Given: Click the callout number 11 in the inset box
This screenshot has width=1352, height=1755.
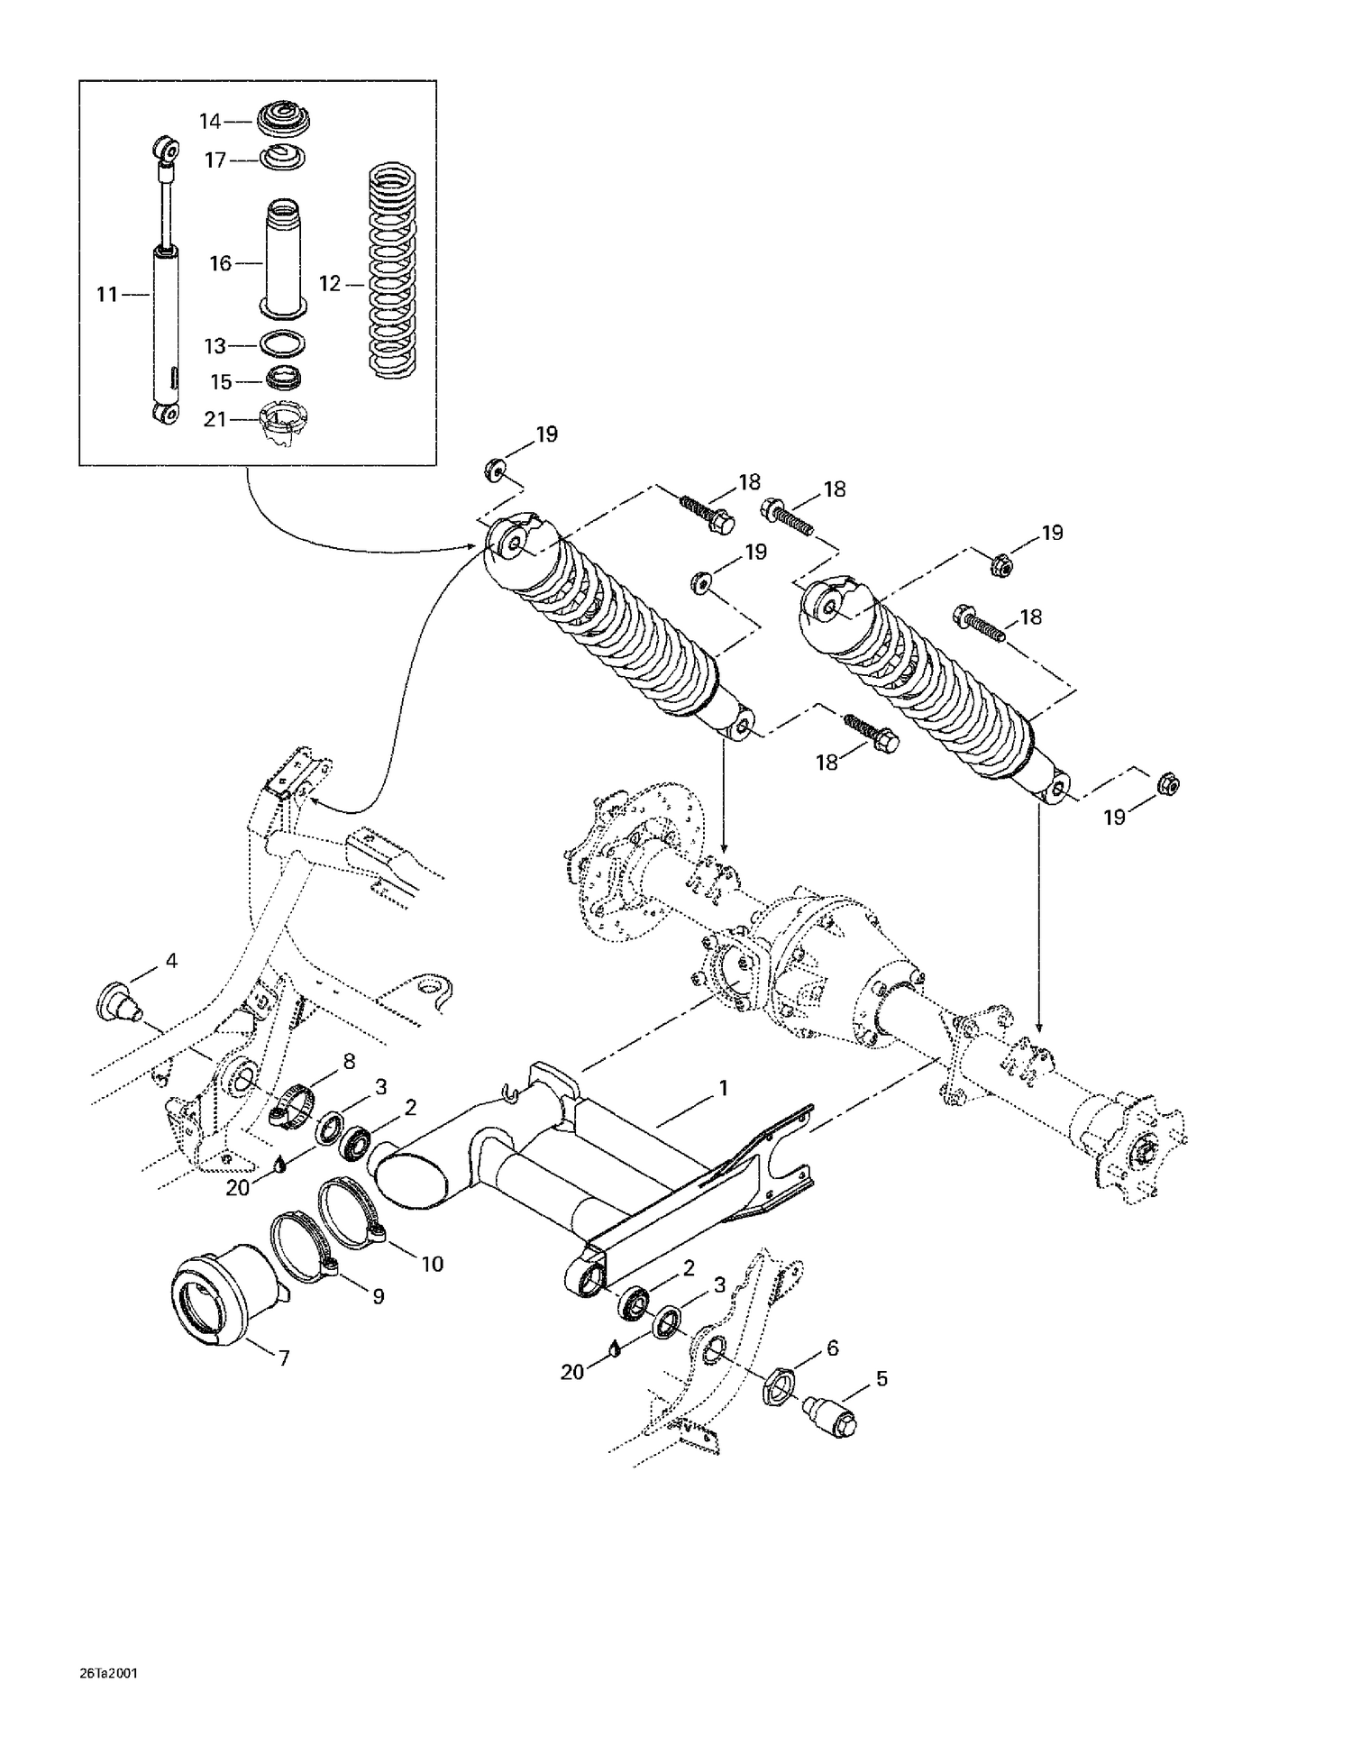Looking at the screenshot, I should pyautogui.click(x=107, y=294).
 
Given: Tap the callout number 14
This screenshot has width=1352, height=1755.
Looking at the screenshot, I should pyautogui.click(x=209, y=121).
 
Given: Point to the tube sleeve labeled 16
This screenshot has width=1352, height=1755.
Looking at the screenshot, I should pyautogui.click(x=283, y=257).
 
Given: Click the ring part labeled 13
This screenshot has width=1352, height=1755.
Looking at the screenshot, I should pyautogui.click(x=282, y=344).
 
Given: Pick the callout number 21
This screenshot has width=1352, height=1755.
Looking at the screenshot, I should pyautogui.click(x=215, y=419).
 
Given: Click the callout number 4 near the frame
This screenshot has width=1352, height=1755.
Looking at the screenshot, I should pyautogui.click(x=170, y=961).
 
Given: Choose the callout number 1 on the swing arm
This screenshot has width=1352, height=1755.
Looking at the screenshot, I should pyautogui.click(x=722, y=1088).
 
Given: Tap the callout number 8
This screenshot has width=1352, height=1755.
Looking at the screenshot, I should pyautogui.click(x=349, y=1061).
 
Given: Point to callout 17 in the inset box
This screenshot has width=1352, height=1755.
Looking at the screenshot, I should pyautogui.click(x=215, y=160).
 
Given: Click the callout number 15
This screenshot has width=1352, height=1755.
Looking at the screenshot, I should pyautogui.click(x=221, y=382).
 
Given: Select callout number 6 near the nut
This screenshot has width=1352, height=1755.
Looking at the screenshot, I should pyautogui.click(x=832, y=1348).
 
